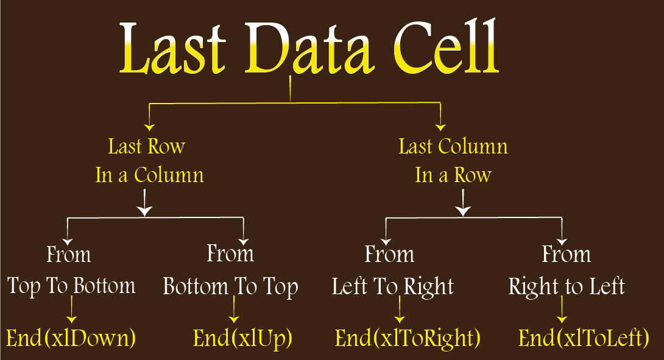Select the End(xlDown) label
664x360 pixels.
(x=71, y=337)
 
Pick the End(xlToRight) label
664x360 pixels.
(x=408, y=338)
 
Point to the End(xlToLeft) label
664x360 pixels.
(x=584, y=338)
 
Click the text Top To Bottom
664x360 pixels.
(x=71, y=286)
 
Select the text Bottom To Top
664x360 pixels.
(x=231, y=287)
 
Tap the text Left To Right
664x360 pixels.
(x=392, y=287)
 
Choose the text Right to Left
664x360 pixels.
(x=567, y=287)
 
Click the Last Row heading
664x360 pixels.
(x=147, y=147)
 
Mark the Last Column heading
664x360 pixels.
(x=453, y=147)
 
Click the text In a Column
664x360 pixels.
(x=149, y=175)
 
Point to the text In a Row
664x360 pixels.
(x=453, y=175)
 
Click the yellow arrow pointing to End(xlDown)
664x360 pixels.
(x=72, y=309)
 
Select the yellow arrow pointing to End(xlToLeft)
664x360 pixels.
(x=562, y=309)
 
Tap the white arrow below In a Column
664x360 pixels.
(x=145, y=202)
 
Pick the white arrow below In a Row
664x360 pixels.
(x=463, y=202)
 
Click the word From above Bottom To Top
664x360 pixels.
(x=230, y=253)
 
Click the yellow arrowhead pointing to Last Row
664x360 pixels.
(x=149, y=127)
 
